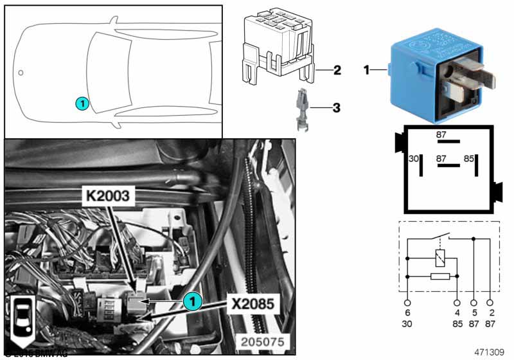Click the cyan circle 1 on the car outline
pos(81,102)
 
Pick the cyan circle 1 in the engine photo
pos(191,300)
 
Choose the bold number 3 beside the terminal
pos(337,107)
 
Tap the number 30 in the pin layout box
pos(414,157)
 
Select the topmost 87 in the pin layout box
pos(441,135)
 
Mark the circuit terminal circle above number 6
pos(407,302)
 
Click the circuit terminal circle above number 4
pos(457,302)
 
